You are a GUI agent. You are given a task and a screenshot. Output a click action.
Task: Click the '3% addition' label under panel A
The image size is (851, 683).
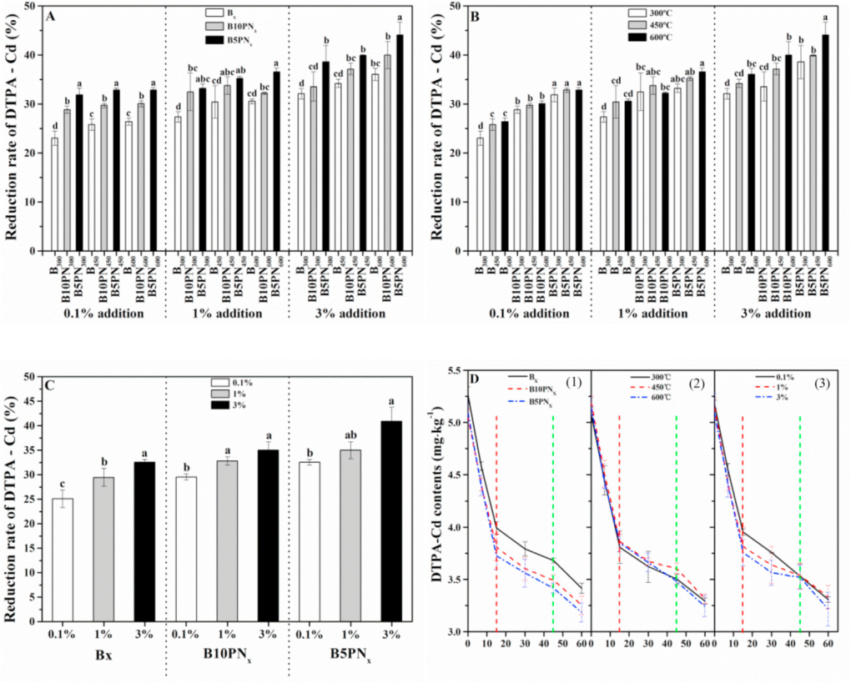click(351, 314)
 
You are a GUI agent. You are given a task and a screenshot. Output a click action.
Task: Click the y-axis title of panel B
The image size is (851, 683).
click(436, 128)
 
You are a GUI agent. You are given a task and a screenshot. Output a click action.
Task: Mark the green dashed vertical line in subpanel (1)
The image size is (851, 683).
click(552, 500)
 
